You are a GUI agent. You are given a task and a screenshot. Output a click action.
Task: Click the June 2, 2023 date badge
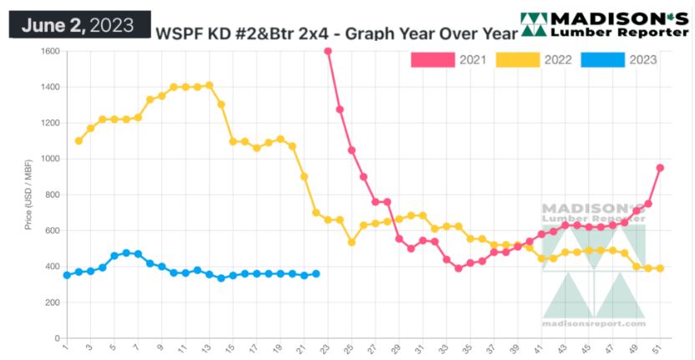[78, 24]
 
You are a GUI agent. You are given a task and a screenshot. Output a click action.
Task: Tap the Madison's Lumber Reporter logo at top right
[604, 24]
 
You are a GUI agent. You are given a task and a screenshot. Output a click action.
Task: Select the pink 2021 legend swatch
[433, 59]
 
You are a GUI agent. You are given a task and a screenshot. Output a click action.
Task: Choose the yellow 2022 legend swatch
[517, 59]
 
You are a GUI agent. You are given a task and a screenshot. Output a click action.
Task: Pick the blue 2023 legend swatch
[601, 59]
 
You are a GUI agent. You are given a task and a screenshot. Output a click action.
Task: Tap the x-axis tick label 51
[660, 348]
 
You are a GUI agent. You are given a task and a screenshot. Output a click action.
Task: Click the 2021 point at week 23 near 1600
[327, 51]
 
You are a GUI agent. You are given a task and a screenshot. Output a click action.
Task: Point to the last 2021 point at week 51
[660, 167]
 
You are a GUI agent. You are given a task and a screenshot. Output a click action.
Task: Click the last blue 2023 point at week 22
[316, 273]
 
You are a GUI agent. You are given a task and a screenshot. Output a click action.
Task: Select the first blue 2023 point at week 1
[67, 275]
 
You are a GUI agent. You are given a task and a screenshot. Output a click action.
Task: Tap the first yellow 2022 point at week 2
[79, 140]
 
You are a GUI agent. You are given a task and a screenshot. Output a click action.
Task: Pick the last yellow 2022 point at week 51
[660, 268]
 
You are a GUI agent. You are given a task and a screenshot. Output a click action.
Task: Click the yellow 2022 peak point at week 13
[209, 85]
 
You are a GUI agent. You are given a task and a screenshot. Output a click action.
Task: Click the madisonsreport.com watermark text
[594, 323]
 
